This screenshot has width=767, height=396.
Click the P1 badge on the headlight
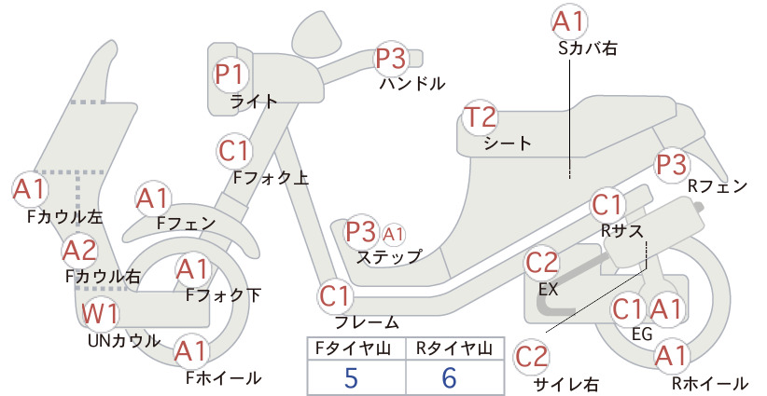tap(230, 75)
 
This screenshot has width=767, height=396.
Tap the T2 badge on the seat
tap(481, 117)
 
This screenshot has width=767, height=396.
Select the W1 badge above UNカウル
tap(100, 313)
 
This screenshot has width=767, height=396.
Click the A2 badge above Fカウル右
tap(80, 251)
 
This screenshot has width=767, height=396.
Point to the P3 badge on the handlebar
tap(391, 58)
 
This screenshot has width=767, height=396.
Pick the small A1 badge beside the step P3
tap(393, 235)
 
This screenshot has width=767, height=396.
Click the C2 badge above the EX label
tap(541, 263)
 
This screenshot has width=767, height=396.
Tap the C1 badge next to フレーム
tap(336, 296)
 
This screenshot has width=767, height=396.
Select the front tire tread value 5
tap(351, 377)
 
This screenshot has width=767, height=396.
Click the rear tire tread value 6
tap(449, 377)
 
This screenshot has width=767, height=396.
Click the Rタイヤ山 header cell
tap(454, 348)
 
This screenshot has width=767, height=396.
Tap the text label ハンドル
tap(412, 84)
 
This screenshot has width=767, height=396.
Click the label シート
tap(508, 143)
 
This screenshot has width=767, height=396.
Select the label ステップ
tap(389, 256)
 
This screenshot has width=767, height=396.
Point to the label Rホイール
tap(710, 383)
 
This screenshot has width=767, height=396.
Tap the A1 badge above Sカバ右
tap(569, 22)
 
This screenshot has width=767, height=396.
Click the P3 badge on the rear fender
tap(672, 165)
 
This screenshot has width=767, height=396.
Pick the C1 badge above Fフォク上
tap(234, 151)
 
